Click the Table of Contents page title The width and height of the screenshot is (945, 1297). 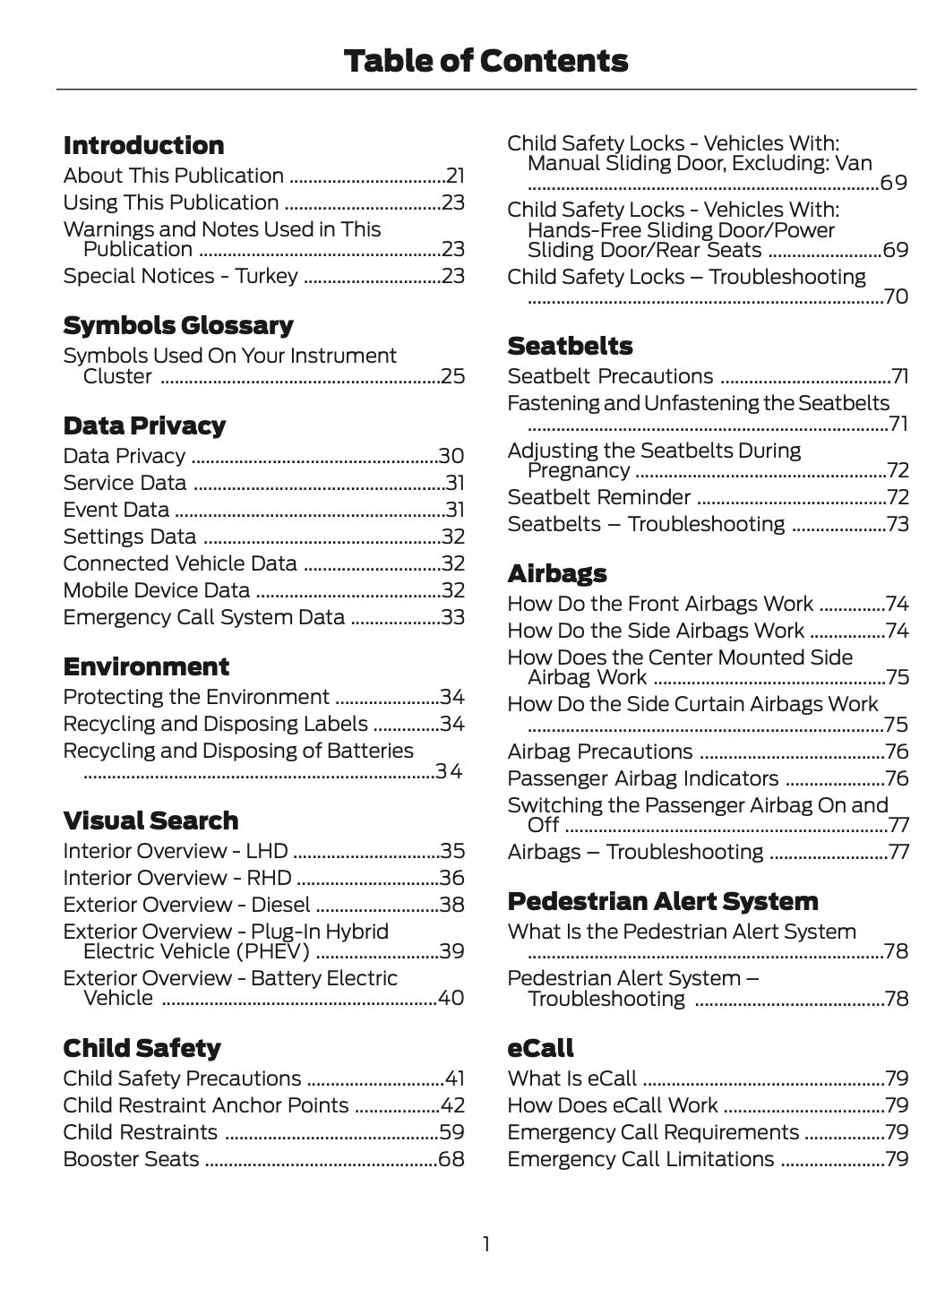(485, 61)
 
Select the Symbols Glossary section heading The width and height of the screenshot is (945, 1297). (178, 325)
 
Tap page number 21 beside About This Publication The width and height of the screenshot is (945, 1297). (455, 176)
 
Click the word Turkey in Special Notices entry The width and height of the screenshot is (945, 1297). (266, 276)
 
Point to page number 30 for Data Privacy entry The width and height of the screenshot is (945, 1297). (451, 457)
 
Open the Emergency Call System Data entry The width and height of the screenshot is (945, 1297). (203, 618)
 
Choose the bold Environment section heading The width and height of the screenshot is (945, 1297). (146, 666)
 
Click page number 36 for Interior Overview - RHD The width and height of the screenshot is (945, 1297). (451, 879)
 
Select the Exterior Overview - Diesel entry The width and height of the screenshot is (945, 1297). (186, 906)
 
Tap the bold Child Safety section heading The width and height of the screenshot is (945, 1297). (142, 1048)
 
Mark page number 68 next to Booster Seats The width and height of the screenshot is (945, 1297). (451, 1160)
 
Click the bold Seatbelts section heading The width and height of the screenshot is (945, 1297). (570, 346)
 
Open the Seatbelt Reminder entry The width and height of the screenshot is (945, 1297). (598, 498)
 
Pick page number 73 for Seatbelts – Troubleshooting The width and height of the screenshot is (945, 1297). (897, 525)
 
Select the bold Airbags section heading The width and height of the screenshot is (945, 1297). (556, 573)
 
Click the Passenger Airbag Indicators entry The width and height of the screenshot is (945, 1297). (642, 779)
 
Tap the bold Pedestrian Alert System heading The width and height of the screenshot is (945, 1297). (662, 901)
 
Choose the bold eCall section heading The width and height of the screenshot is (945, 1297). (540, 1048)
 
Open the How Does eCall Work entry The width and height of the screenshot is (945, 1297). (612, 1106)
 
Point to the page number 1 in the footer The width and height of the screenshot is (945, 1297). (486, 1244)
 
